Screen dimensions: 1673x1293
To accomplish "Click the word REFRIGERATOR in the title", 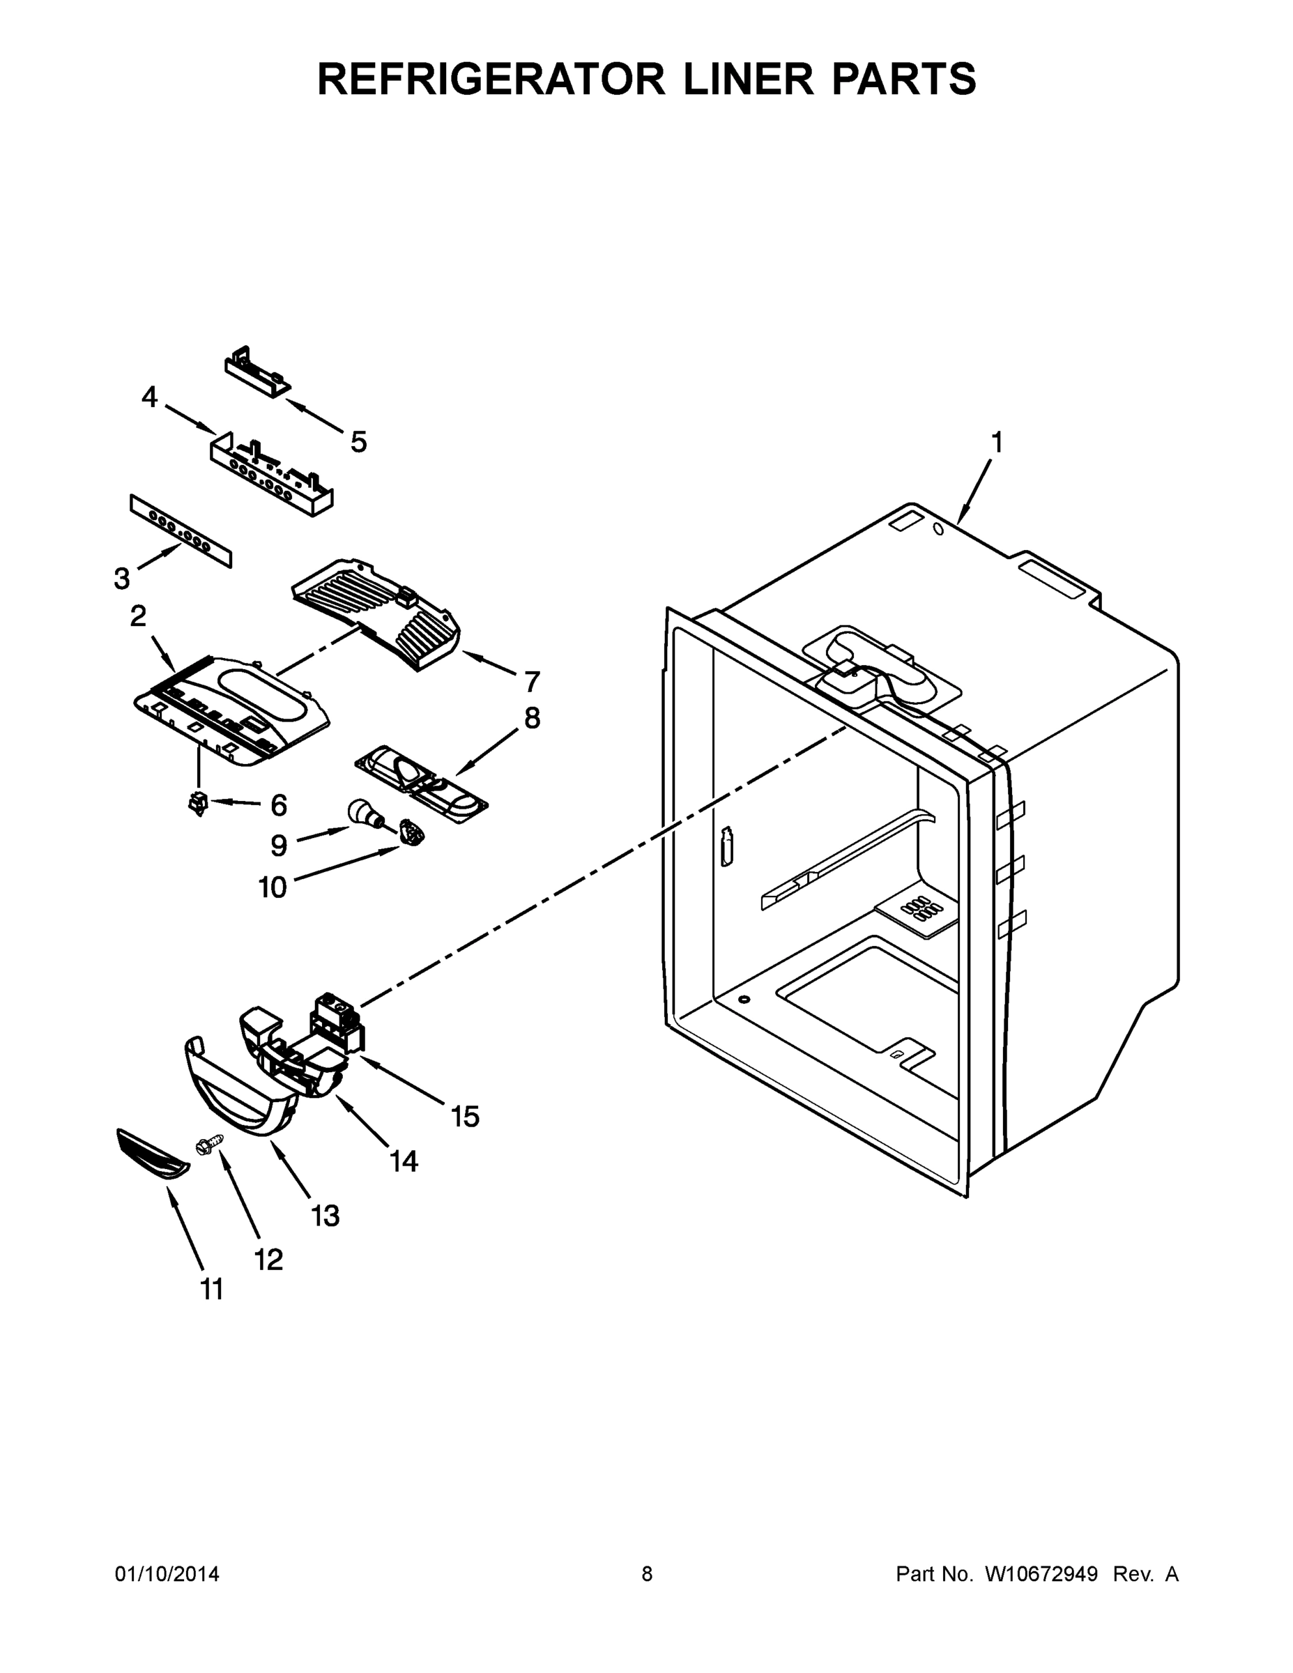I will pos(491,79).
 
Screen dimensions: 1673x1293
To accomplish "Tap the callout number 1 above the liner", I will pos(997,442).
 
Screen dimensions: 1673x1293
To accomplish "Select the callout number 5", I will pos(358,442).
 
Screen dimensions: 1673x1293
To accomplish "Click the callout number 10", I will pos(273,887).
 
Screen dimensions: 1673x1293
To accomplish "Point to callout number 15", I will pos(465,1117).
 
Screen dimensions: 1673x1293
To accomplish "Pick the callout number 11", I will pos(212,1289).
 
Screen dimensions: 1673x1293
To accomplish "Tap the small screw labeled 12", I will pos(210,1145).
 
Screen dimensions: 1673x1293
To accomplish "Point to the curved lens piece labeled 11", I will pos(153,1153).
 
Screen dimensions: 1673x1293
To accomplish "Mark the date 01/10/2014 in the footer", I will pos(167,1573).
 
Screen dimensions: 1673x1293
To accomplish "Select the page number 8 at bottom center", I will pos(647,1573).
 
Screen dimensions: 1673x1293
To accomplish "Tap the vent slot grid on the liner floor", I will pos(917,908).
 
